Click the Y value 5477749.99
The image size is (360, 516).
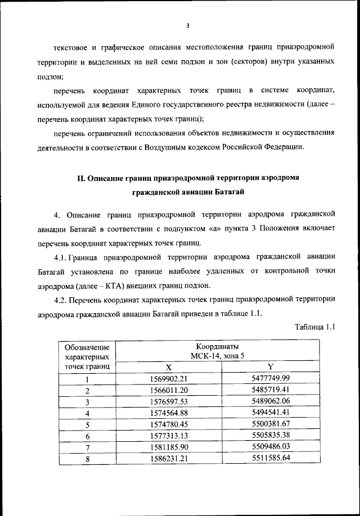click(271, 378)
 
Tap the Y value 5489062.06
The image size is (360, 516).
click(271, 401)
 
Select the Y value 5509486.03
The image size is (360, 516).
click(271, 447)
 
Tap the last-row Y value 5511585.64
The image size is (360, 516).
click(271, 459)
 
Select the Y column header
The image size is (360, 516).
click(271, 366)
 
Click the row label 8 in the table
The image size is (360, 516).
click(87, 459)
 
